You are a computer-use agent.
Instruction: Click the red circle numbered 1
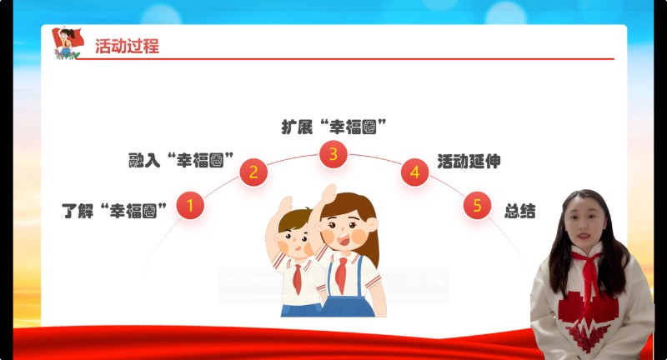[x=190, y=205]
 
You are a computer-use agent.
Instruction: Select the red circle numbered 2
[x=253, y=172]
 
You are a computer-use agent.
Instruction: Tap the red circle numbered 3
[x=333, y=154]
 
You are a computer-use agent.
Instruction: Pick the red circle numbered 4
[x=414, y=172]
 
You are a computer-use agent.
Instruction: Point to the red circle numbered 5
[x=477, y=205]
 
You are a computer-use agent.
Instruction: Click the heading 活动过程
[x=127, y=46]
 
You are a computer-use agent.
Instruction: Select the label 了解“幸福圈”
[x=114, y=211]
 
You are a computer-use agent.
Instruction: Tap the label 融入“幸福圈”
[x=181, y=160]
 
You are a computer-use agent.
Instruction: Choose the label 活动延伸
[x=469, y=162]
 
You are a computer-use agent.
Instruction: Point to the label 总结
[x=519, y=211]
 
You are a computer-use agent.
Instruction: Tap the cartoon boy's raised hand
[x=286, y=205]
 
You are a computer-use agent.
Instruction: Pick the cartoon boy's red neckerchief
[x=298, y=278]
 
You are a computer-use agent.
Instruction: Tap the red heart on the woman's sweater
[x=587, y=313]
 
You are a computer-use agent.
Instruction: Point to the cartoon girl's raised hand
[x=329, y=193]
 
